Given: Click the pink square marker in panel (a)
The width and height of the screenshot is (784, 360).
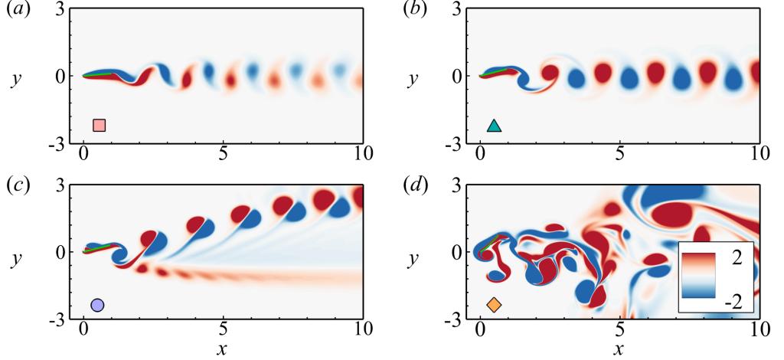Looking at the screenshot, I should click(x=99, y=126).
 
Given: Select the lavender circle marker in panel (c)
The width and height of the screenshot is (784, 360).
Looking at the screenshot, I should click(x=97, y=305).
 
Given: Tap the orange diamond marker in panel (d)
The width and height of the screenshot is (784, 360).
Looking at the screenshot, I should click(x=494, y=305).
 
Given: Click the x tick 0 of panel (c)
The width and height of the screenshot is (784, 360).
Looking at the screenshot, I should click(x=83, y=330).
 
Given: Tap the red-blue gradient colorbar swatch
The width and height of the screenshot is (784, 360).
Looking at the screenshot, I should click(x=697, y=274).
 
